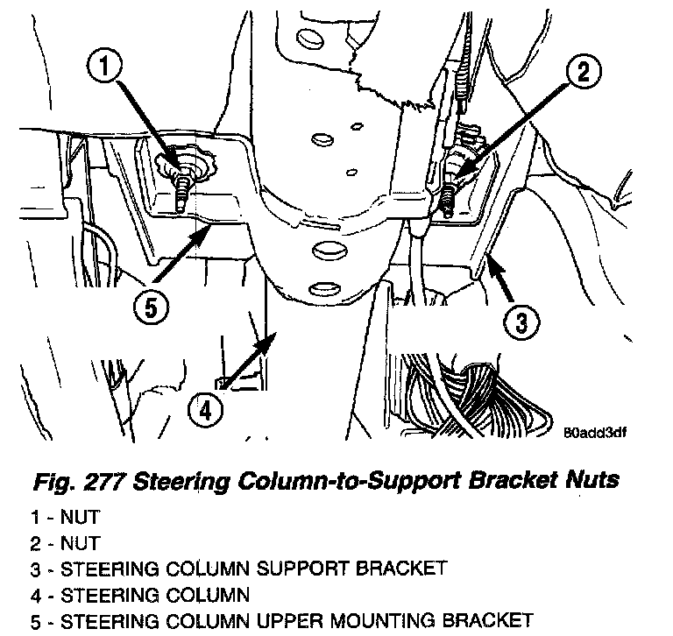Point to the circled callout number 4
(204, 410)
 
